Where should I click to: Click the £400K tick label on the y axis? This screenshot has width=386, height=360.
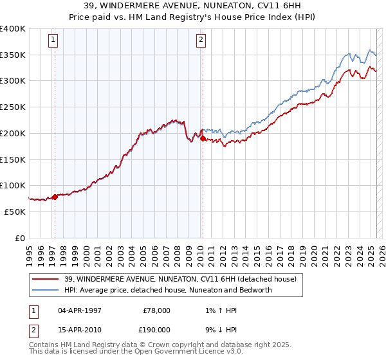pos(13,29)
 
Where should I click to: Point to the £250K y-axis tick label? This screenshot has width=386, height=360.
pos(13,107)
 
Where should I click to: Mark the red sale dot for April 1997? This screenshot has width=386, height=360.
pos(55,197)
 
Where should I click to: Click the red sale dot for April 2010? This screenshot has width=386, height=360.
pos(203,138)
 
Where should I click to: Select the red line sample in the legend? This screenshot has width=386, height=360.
pos(45,279)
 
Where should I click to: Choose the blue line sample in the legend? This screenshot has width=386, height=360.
pos(45,290)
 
